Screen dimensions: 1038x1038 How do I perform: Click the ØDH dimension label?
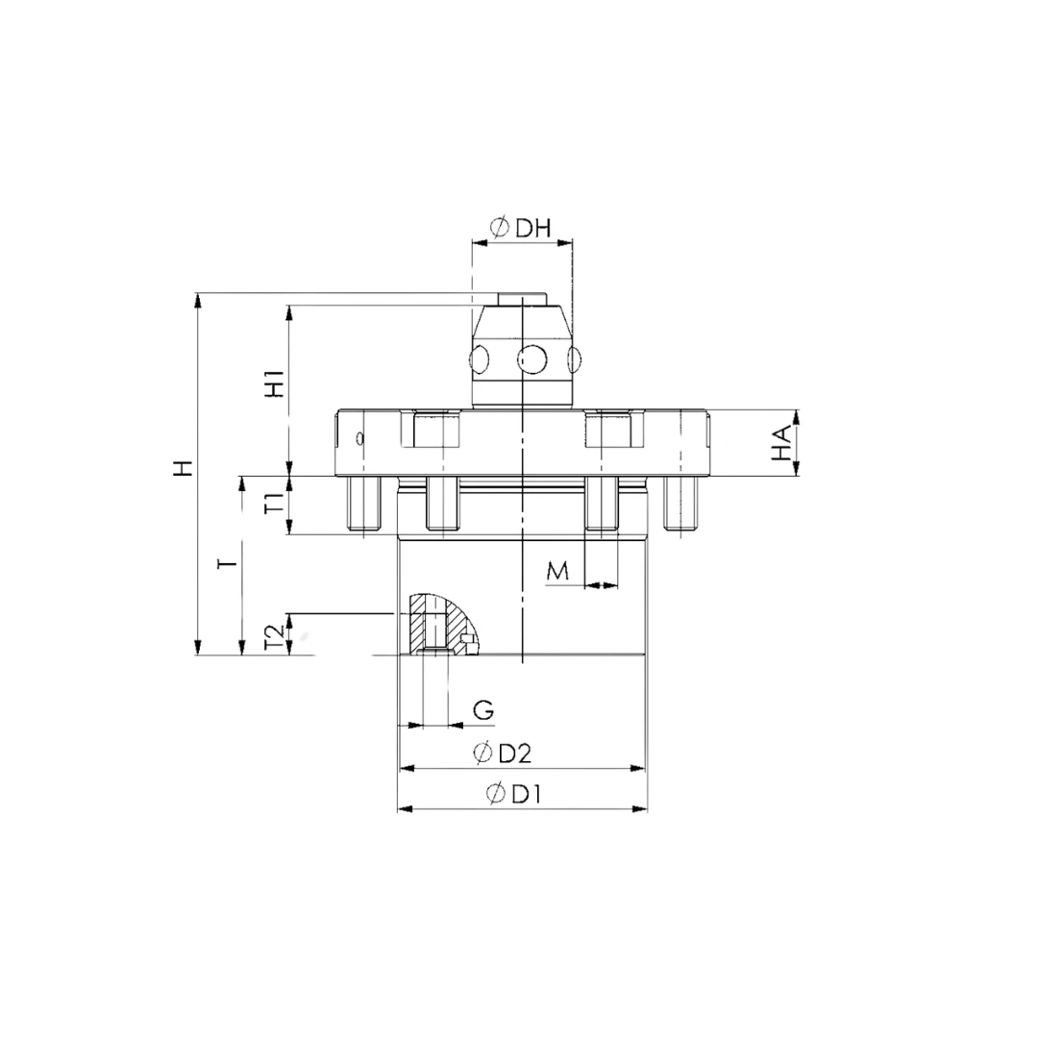coord(520,228)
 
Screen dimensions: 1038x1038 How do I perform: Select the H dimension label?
coord(183,468)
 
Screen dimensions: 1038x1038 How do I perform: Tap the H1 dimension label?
coord(274,384)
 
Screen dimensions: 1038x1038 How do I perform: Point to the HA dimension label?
coord(783,443)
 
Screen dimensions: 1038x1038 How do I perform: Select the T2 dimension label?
coord(274,635)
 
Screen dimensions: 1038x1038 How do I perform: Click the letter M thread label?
coord(557,572)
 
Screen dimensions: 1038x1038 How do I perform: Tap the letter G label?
coord(484,710)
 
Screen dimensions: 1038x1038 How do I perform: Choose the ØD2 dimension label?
coord(503,754)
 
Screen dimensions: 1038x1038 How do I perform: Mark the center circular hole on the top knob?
coord(531,360)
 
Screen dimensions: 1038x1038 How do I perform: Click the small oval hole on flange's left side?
coord(359,439)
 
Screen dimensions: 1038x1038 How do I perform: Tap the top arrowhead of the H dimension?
coord(198,300)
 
